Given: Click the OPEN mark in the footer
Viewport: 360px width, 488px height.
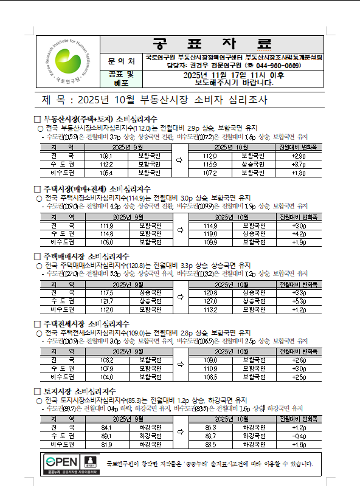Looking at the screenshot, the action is point(62,462).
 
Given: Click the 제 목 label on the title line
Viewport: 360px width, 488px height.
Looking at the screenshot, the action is point(52,99).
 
